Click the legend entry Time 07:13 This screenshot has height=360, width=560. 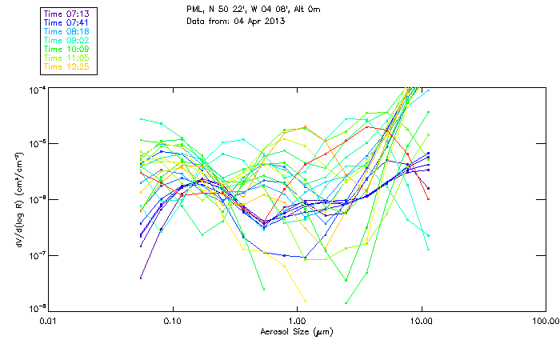(x=66, y=14)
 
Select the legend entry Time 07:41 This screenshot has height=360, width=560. (x=66, y=22)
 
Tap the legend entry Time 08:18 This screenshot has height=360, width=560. (x=66, y=31)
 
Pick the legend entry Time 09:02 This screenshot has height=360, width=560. (x=66, y=40)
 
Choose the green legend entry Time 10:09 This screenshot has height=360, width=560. (x=66, y=49)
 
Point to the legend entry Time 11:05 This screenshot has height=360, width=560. (x=66, y=58)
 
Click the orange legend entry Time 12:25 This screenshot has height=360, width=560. (x=66, y=66)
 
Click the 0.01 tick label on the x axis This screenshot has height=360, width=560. (x=48, y=321)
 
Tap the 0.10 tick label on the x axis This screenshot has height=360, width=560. (x=173, y=321)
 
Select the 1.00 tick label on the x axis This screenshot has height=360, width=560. (x=297, y=321)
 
